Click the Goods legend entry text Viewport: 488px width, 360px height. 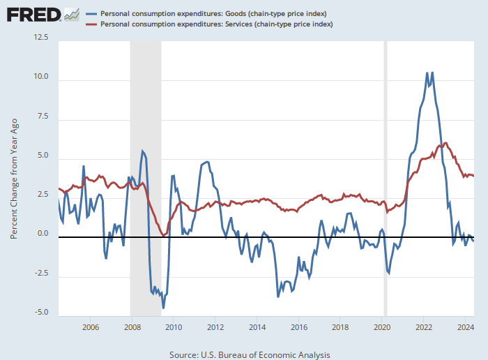tap(214, 14)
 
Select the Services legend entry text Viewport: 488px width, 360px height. tap(217, 24)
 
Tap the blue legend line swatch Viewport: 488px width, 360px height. tap(91, 14)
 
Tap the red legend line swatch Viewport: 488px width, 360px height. tap(91, 24)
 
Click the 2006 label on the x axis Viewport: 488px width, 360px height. tap(89, 327)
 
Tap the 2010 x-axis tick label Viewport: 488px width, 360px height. tap(173, 327)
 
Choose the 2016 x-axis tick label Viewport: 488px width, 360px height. tap(298, 327)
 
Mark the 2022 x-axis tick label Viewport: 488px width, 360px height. tap(424, 327)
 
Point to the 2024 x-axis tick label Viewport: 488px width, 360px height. tap(466, 327)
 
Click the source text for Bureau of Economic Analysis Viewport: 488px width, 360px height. tap(250, 354)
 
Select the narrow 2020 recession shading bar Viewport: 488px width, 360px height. tap(386, 174)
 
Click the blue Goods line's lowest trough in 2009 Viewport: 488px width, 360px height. tap(163, 308)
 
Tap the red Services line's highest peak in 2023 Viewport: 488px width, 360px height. tap(445, 143)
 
